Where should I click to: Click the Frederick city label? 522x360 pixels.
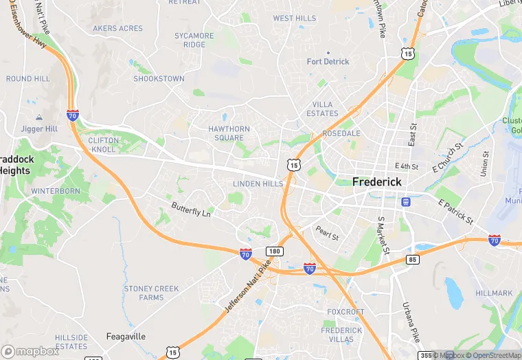(376, 182)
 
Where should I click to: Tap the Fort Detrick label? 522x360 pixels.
(328, 62)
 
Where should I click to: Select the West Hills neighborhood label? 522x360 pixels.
(294, 19)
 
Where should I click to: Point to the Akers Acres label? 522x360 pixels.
(117, 28)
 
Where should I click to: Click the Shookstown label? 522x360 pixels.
(159, 79)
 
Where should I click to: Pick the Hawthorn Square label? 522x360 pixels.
(229, 133)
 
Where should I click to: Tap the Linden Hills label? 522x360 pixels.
(258, 184)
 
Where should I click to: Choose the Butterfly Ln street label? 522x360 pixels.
(191, 209)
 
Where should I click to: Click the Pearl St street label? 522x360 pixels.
(327, 233)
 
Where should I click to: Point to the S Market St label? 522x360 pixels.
(383, 236)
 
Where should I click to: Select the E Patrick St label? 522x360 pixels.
(455, 211)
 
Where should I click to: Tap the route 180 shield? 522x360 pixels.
(275, 251)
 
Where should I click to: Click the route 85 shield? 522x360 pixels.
(412, 259)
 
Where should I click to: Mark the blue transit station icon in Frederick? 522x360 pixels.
(406, 202)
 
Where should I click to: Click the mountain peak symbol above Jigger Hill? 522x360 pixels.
(39, 118)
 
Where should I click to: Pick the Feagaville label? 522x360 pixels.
(126, 337)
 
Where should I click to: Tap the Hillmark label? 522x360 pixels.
(493, 293)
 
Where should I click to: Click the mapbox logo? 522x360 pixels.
(31, 350)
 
